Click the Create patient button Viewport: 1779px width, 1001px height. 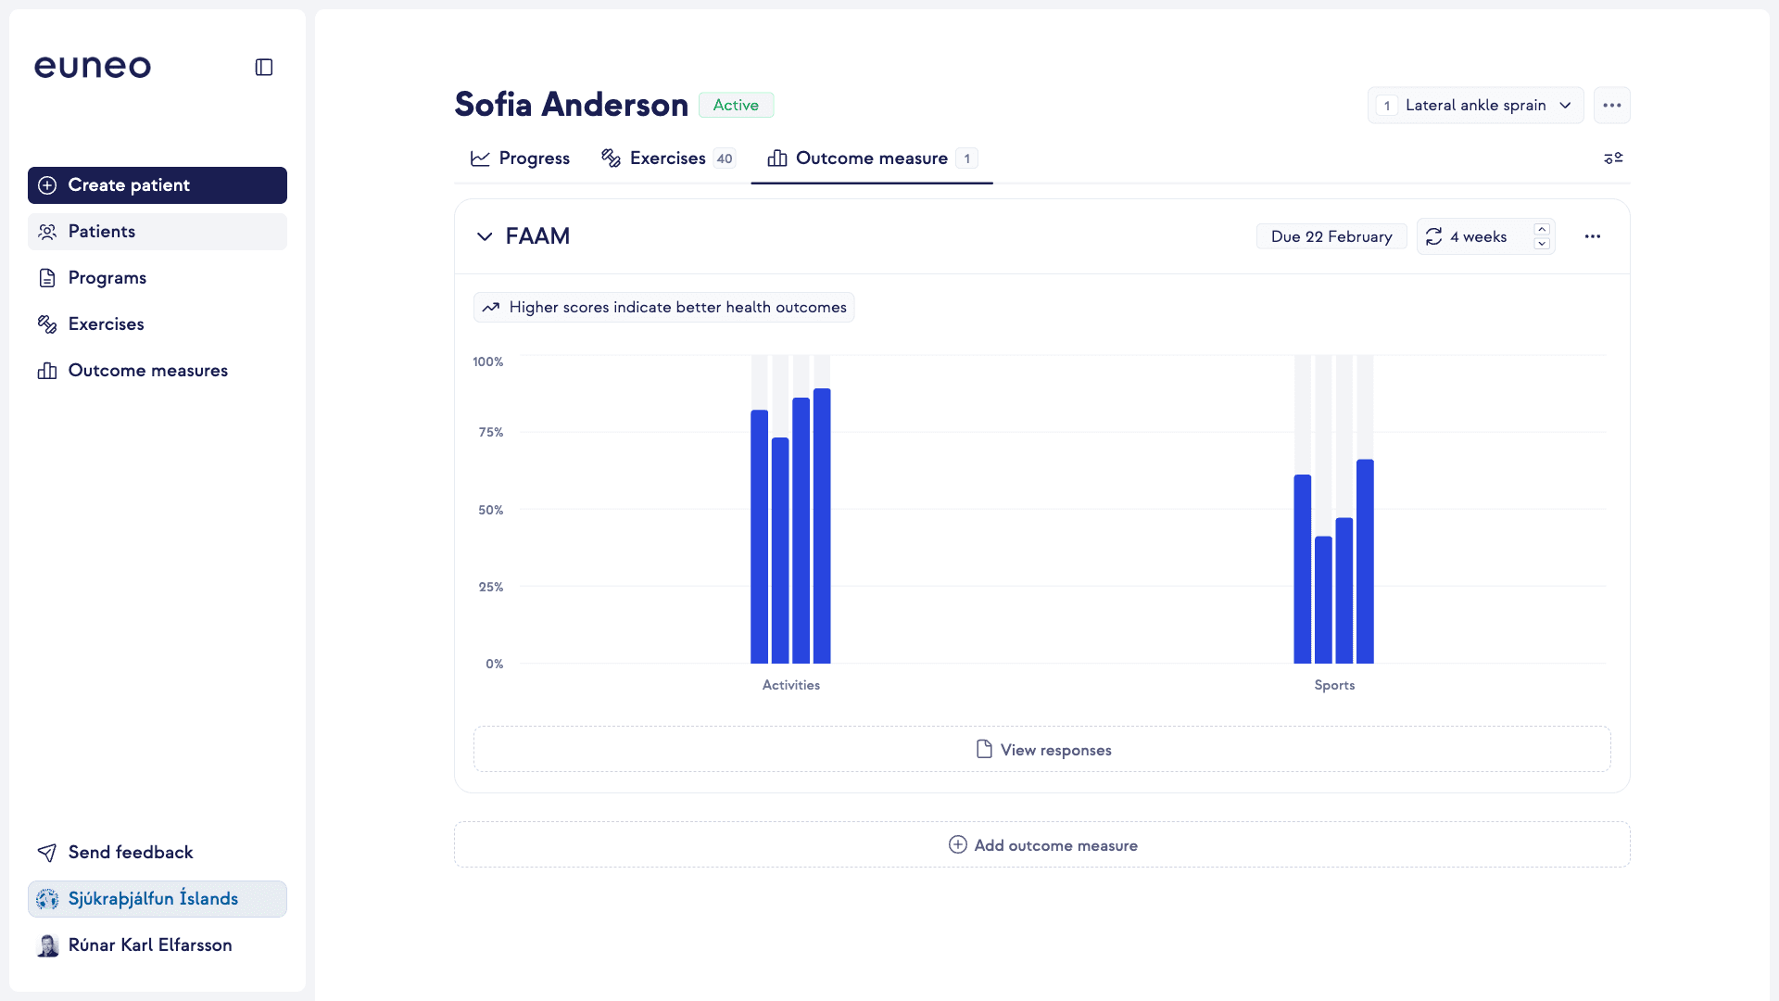pyautogui.click(x=157, y=185)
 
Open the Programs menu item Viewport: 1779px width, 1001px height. pyautogui.click(x=107, y=278)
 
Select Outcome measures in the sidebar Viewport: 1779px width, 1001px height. pyautogui.click(x=147, y=371)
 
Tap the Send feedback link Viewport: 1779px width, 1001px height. pyautogui.click(x=130, y=853)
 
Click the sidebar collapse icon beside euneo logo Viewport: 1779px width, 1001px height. pyautogui.click(x=264, y=67)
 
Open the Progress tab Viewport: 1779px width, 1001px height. pyautogui.click(x=520, y=158)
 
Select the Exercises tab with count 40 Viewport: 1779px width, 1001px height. pyautogui.click(x=667, y=158)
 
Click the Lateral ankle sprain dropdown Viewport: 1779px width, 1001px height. pyautogui.click(x=1475, y=106)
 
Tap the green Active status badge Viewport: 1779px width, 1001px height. pyautogui.click(x=736, y=106)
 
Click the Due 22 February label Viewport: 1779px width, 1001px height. pyautogui.click(x=1331, y=237)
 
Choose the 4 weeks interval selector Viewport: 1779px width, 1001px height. pyautogui.click(x=1478, y=237)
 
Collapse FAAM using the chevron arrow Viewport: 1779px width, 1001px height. pyautogui.click(x=485, y=236)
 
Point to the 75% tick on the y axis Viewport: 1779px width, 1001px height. pyautogui.click(x=491, y=433)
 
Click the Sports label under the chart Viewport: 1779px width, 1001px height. pyautogui.click(x=1334, y=685)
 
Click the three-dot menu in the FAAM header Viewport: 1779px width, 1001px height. pyautogui.click(x=1593, y=237)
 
